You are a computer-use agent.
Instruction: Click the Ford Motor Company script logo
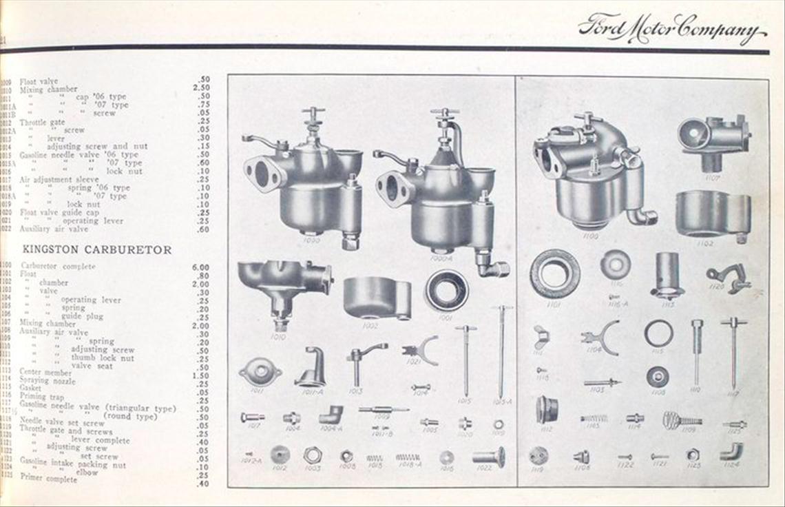(x=671, y=29)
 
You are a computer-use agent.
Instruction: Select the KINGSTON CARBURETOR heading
(x=97, y=249)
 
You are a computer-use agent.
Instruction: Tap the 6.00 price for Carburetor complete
(x=200, y=267)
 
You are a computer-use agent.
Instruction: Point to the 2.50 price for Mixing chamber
(x=200, y=88)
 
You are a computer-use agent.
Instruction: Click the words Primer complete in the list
(x=49, y=479)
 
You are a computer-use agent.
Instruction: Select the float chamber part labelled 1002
(x=376, y=298)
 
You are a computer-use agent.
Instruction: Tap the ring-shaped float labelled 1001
(x=446, y=290)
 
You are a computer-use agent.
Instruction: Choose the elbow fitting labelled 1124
(x=731, y=451)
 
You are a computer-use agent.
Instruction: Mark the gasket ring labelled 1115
(x=658, y=333)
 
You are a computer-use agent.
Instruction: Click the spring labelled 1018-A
(x=408, y=457)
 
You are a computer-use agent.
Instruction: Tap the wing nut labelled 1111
(x=541, y=338)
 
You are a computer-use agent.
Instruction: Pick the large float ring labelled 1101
(x=554, y=273)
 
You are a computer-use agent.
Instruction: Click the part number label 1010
(x=279, y=337)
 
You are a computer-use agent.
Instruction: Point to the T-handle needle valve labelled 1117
(x=733, y=351)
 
